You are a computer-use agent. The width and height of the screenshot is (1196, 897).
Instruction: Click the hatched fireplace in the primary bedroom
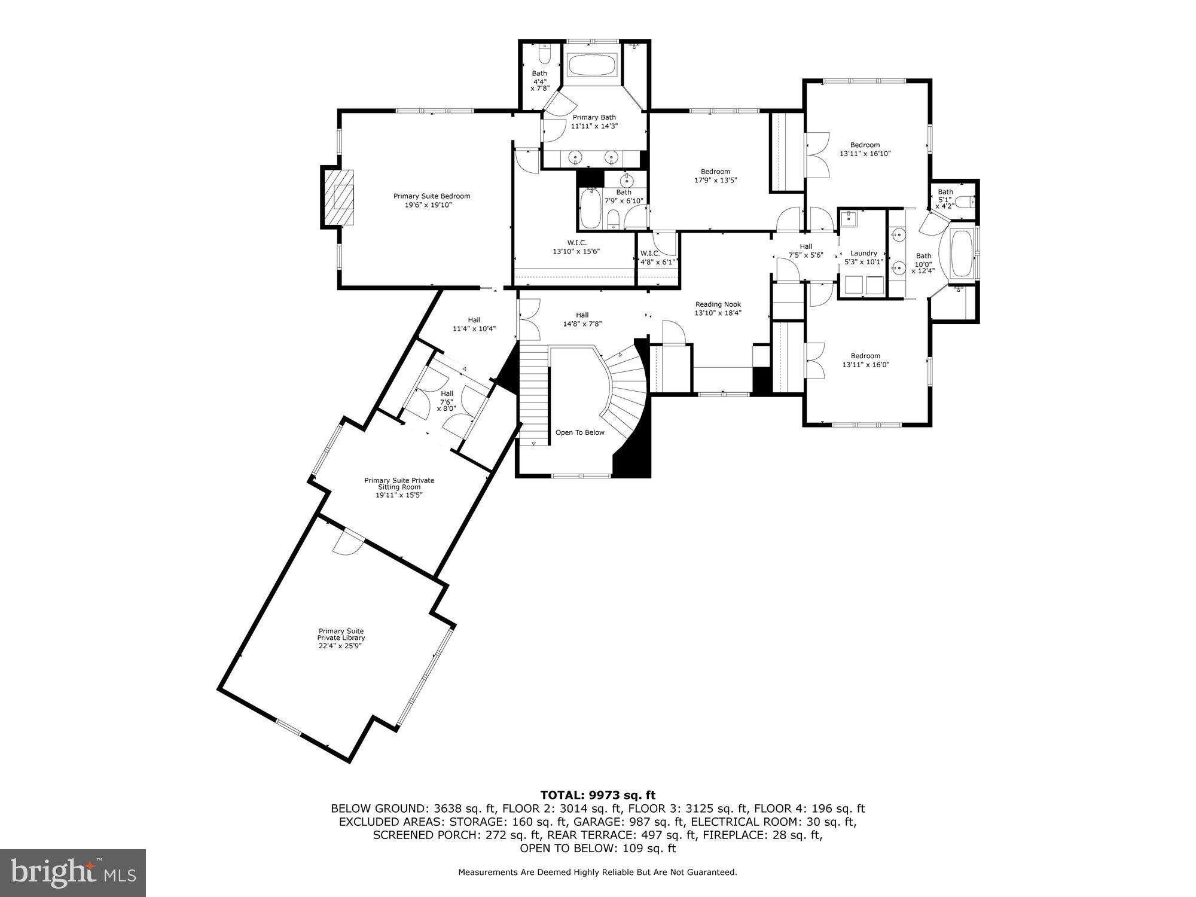pos(338,197)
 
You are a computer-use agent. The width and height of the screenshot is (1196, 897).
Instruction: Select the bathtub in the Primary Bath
pos(591,65)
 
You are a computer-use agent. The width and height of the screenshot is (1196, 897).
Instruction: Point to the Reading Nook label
pos(718,309)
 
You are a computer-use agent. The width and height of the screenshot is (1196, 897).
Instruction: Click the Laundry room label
pos(864,257)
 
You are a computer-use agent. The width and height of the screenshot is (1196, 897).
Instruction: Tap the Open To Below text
pos(579,432)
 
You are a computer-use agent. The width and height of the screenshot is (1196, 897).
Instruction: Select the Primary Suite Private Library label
pos(341,638)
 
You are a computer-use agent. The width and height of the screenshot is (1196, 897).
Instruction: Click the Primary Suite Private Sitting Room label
pos(399,487)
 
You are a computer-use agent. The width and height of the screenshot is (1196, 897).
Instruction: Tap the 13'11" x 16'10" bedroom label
pos(865,149)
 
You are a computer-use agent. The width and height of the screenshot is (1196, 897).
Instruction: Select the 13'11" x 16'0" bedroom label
pos(865,360)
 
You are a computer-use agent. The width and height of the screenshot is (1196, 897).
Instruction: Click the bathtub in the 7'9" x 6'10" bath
pos(590,208)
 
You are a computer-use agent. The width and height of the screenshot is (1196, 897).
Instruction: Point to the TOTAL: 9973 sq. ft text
pos(597,795)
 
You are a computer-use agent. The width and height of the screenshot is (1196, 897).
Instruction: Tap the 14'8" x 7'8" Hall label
pos(582,319)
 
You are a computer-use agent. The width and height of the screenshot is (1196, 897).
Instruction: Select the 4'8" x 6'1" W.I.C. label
pos(657,257)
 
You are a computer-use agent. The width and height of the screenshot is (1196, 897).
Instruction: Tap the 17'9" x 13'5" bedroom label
pos(715,176)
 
